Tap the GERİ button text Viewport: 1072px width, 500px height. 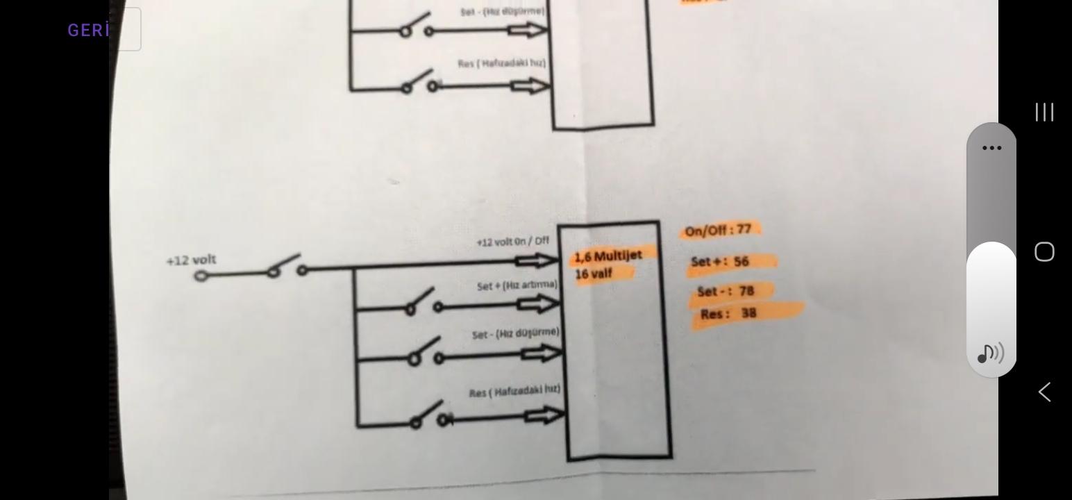tap(89, 30)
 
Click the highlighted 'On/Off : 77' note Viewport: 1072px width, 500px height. tap(719, 230)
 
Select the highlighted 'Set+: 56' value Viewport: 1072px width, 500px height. tap(721, 262)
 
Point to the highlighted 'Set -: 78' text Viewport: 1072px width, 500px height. tap(726, 291)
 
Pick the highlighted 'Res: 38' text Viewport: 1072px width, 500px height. tap(729, 314)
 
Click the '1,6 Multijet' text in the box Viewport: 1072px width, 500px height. tap(608, 256)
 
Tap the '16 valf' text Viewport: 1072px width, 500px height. tap(594, 274)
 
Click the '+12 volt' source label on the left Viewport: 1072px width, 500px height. tap(191, 260)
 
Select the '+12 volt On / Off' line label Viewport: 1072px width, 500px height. tap(512, 242)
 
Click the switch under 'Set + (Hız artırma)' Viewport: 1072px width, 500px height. tap(424, 303)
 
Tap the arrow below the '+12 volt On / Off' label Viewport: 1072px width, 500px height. tap(537, 261)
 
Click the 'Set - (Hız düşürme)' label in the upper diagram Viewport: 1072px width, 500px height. tap(502, 12)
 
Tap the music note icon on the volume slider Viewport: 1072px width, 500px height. tap(990, 353)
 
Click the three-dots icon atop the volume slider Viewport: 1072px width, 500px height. tap(991, 148)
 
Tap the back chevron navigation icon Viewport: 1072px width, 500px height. tap(1044, 392)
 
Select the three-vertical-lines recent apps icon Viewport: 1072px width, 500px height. tap(1044, 112)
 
